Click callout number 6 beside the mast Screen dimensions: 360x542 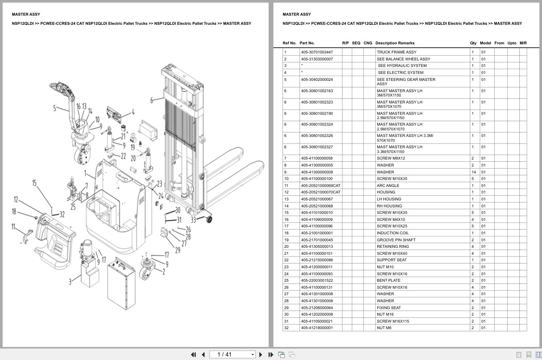[152, 100]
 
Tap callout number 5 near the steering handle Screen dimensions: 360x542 [55, 108]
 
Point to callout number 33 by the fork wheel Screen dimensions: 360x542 [193, 220]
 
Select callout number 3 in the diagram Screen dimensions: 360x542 [70, 282]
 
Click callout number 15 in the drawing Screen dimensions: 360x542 [34, 183]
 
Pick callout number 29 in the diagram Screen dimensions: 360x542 [178, 250]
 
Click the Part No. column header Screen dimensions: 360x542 [307, 43]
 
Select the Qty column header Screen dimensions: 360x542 [473, 43]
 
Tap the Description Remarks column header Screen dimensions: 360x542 [395, 43]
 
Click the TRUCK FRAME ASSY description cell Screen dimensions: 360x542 [396, 52]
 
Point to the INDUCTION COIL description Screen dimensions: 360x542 [393, 233]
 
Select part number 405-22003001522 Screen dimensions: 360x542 [317, 280]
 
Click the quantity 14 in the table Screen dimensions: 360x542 [473, 172]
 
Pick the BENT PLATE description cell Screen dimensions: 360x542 [389, 280]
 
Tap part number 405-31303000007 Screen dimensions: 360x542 [317, 59]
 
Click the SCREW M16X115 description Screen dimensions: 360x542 [393, 321]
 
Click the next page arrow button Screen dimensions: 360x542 [261, 354]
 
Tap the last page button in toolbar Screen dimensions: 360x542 [271, 354]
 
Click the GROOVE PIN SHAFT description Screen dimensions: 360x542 [396, 240]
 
